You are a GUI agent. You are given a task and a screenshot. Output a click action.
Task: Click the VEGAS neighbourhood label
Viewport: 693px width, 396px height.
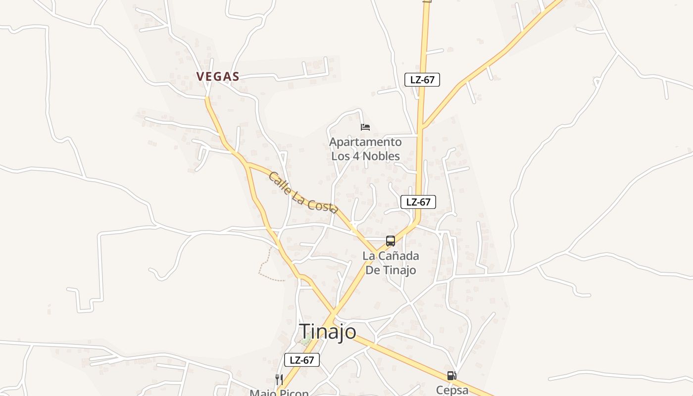pos(218,77)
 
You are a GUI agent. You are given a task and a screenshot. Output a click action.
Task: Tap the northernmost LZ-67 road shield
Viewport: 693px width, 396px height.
pos(422,79)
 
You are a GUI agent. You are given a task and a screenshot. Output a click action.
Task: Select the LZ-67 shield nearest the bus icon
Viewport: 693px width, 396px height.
pos(418,202)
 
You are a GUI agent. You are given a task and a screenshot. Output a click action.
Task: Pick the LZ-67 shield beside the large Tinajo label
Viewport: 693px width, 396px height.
pos(302,360)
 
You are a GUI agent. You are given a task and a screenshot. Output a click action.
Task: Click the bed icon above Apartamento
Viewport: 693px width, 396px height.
pos(365,127)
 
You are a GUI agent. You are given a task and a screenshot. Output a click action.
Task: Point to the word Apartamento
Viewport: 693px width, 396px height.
pos(365,142)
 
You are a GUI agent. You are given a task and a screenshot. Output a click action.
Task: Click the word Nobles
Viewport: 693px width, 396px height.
pos(381,156)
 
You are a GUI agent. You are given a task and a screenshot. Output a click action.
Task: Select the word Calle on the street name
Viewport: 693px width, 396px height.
pos(279,182)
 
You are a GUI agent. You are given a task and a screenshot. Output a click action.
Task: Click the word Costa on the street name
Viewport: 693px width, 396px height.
pos(322,203)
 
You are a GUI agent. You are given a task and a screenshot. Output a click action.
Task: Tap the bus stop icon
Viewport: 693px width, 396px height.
pos(391,241)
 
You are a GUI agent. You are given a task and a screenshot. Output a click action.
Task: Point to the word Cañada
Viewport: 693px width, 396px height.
pos(398,256)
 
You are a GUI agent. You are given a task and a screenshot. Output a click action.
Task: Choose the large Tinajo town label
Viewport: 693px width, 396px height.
pos(328,331)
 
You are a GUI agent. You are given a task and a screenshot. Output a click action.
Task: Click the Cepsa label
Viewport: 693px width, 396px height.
pos(452,390)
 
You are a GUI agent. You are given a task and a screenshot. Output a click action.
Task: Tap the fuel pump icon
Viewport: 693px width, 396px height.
pos(451,376)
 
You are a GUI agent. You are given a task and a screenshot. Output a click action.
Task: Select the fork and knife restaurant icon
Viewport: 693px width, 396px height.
pos(279,380)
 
